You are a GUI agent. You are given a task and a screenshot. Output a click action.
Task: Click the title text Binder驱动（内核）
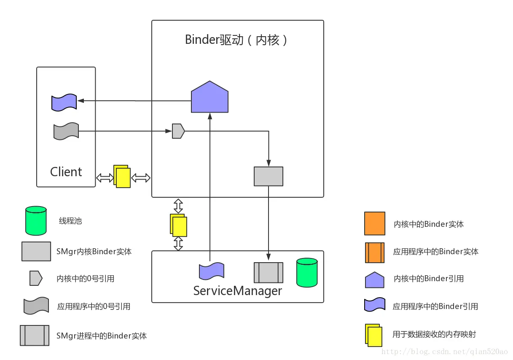pos(237,40)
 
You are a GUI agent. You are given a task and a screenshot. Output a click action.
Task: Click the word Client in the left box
pos(66,172)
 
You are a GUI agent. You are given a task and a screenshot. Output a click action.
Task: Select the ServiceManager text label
pos(237,291)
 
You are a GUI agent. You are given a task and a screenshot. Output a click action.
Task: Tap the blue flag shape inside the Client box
pos(64,102)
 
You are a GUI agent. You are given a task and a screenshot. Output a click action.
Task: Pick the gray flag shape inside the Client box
pos(66,131)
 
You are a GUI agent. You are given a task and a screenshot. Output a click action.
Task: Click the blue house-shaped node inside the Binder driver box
pos(209,98)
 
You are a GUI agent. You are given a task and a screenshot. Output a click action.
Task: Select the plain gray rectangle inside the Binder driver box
pos(269,176)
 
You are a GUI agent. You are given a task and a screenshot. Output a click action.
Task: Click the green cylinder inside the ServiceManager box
pos(306,273)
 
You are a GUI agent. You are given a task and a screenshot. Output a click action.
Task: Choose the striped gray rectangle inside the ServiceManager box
pos(268,273)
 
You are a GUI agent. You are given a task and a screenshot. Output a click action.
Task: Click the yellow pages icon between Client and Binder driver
pos(122,176)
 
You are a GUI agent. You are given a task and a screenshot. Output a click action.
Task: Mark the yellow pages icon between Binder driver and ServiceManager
pos(178,225)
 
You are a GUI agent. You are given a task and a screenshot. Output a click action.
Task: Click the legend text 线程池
pos(70,221)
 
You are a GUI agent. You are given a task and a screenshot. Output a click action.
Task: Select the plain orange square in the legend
pos(375,223)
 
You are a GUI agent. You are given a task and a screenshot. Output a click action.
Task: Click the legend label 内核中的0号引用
pos(86,279)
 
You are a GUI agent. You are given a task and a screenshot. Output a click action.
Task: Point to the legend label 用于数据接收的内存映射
pos(434,334)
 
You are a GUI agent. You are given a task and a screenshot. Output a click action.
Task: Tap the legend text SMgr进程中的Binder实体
pos(102,336)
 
